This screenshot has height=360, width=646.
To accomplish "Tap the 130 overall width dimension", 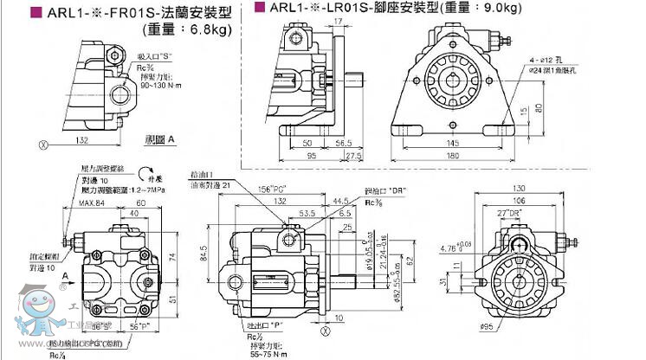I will (543, 190).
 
